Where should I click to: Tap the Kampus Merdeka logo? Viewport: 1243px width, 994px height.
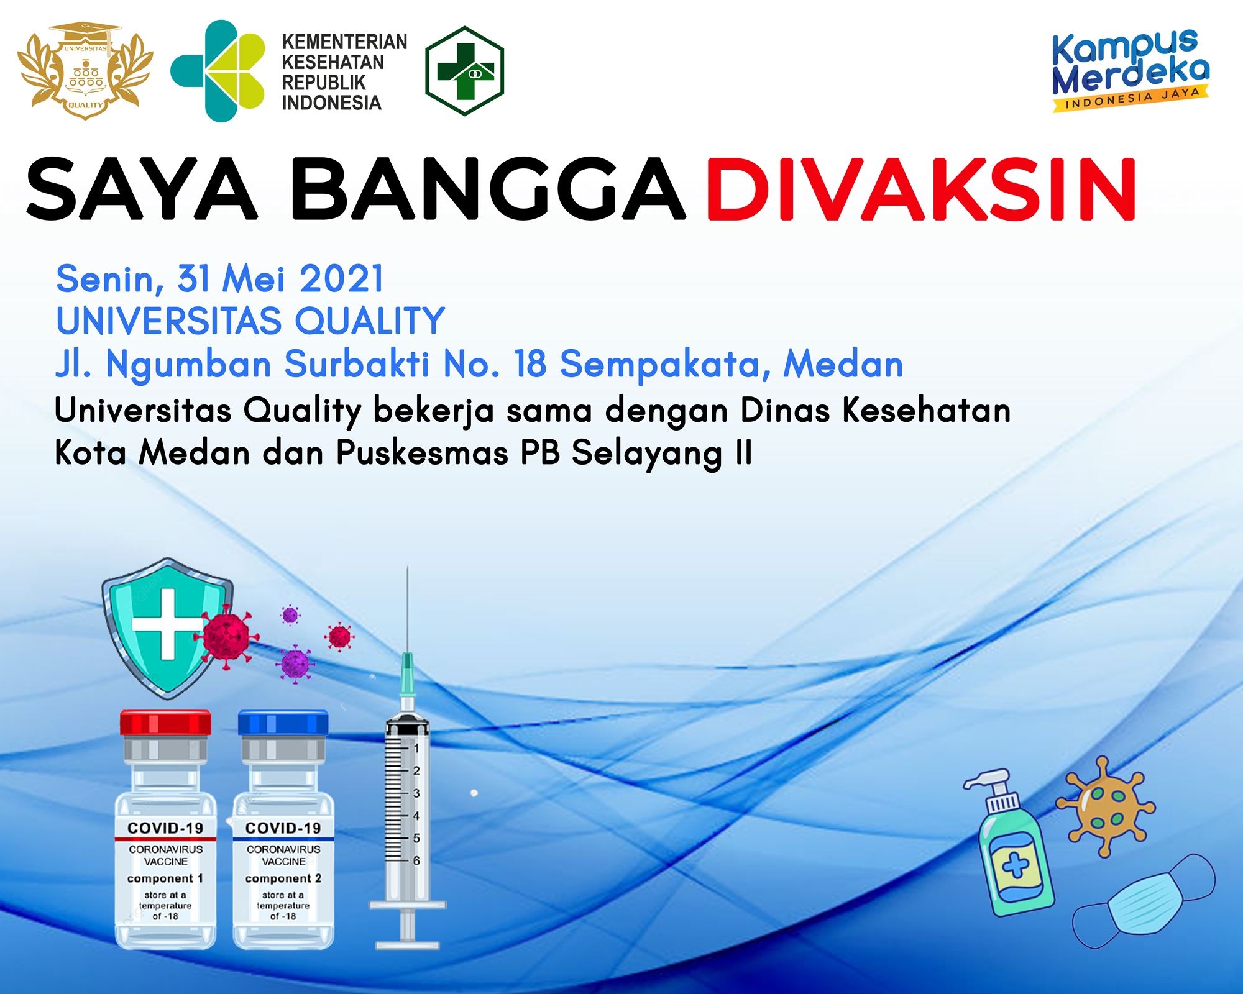click(1131, 70)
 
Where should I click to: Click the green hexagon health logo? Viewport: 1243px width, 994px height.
click(464, 71)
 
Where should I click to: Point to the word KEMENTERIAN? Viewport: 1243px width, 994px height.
click(344, 42)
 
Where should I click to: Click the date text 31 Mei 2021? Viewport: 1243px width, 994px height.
click(280, 278)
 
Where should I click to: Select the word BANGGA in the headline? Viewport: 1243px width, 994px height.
click(488, 189)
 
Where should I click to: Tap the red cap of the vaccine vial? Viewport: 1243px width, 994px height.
click(165, 723)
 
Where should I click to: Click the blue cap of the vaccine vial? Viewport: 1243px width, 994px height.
click(283, 723)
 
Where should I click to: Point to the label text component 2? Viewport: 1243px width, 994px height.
click(283, 878)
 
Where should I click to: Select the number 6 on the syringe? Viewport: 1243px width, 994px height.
click(416, 860)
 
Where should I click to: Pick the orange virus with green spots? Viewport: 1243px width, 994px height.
click(1106, 806)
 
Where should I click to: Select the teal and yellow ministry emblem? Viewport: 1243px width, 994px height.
click(218, 71)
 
